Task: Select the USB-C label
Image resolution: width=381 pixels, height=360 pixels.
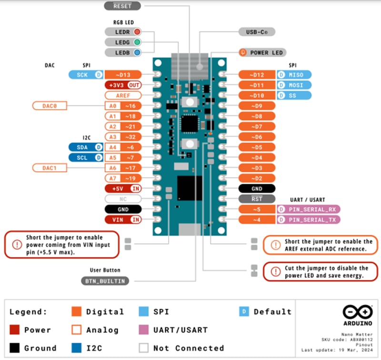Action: pos(257,32)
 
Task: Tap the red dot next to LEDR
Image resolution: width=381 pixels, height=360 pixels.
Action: pos(137,32)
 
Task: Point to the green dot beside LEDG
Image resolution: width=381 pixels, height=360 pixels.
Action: pos(137,42)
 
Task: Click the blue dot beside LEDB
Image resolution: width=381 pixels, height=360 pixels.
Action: pos(137,52)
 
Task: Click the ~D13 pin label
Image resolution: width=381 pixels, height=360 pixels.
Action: pos(123,75)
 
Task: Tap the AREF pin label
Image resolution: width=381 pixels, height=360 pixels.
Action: pos(123,95)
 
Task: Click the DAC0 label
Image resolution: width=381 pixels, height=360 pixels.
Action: pos(50,106)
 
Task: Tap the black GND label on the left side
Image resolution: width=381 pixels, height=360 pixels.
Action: pos(123,209)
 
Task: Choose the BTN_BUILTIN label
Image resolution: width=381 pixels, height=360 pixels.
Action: pos(105,281)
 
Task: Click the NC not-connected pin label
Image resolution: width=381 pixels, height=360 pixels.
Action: pos(123,199)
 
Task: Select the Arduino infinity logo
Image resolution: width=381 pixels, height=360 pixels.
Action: pos(358,312)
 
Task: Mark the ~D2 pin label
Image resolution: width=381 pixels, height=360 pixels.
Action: pos(257,178)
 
